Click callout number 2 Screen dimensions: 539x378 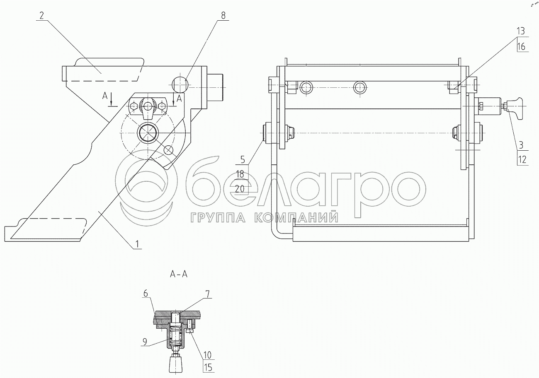42,16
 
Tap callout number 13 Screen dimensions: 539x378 521,31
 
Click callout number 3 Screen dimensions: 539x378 521,145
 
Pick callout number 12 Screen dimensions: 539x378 522,159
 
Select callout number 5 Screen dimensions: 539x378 243,159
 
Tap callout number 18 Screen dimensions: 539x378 240,174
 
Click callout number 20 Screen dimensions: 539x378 240,189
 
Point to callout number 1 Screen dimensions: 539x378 137,244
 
